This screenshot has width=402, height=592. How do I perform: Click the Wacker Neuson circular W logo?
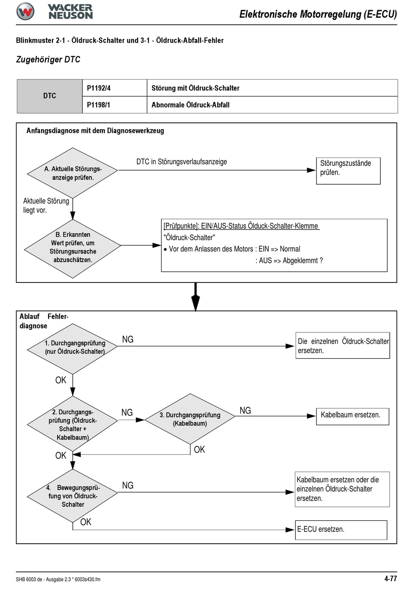(x=25, y=11)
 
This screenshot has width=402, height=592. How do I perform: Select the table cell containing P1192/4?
(x=115, y=88)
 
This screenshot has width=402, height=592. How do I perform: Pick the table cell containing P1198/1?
(x=115, y=105)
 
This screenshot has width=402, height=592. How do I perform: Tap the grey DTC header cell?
(x=50, y=96)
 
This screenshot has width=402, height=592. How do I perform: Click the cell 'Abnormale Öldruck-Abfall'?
(x=273, y=105)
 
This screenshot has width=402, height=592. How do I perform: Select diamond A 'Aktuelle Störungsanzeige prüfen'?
(x=72, y=173)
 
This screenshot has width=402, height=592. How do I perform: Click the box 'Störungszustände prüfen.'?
(x=348, y=171)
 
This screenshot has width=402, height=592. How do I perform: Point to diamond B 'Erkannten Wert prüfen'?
(x=72, y=249)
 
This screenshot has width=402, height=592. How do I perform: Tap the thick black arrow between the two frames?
(x=195, y=297)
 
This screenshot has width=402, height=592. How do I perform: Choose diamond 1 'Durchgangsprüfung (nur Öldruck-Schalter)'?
(x=72, y=349)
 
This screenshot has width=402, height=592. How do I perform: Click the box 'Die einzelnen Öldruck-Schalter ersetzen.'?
(x=343, y=346)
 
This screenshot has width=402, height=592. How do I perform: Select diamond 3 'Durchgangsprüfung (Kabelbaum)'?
(x=190, y=419)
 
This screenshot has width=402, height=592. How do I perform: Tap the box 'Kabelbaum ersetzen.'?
(x=352, y=417)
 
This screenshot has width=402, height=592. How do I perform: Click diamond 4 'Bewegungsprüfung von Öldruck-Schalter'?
(x=72, y=496)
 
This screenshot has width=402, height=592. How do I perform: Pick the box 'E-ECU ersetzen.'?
(x=341, y=530)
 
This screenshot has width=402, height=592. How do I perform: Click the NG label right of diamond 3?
(x=245, y=410)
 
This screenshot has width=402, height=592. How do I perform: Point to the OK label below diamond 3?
(x=199, y=449)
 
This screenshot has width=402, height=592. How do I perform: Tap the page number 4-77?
(x=391, y=578)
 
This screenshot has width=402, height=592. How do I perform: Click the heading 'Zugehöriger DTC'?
(x=48, y=59)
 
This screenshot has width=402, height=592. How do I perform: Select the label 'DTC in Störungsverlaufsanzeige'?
(x=182, y=162)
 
